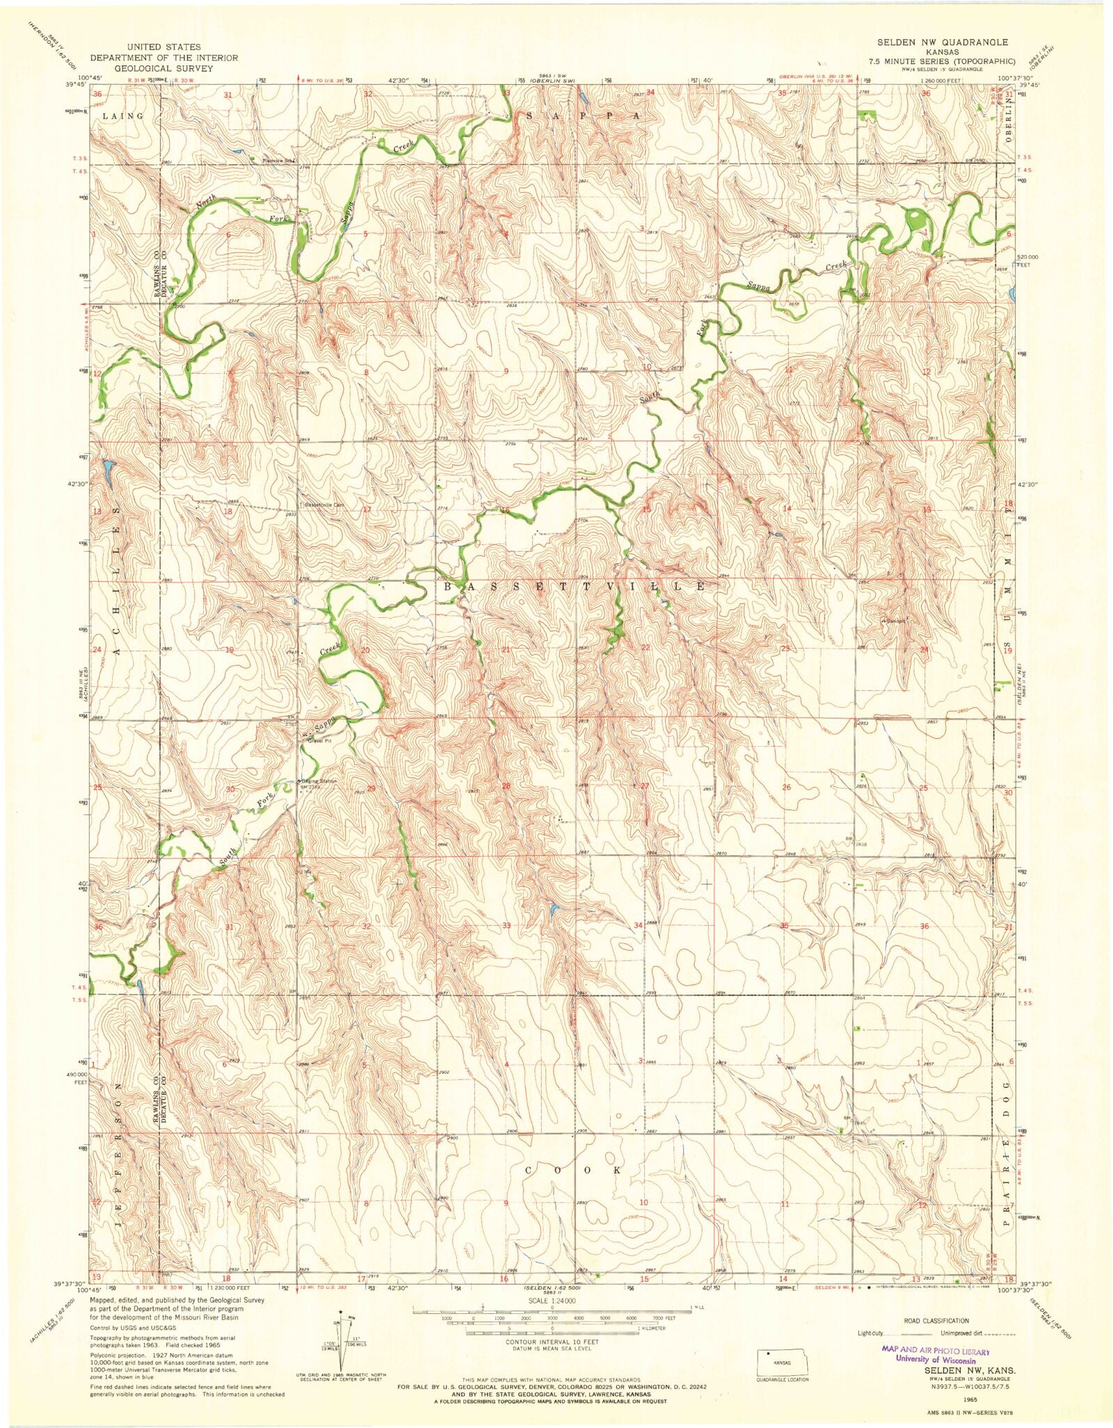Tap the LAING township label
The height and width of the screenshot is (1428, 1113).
click(x=122, y=116)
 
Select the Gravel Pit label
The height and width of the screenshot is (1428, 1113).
click(x=321, y=741)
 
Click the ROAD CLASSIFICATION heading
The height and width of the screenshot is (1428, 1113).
click(x=936, y=1320)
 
